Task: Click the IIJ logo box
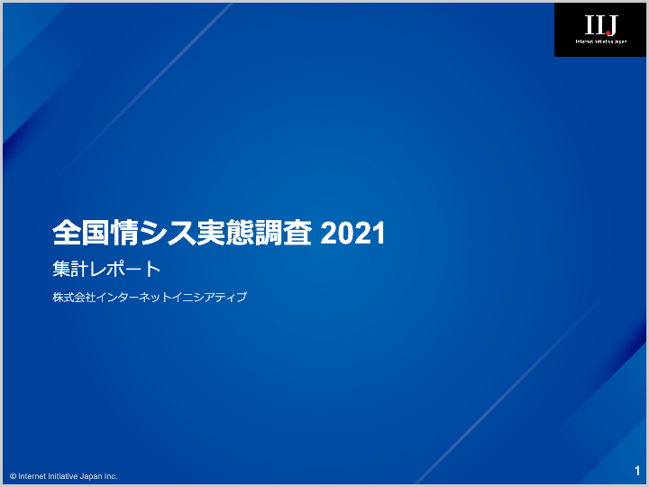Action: (600, 30)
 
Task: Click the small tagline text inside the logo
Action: (600, 42)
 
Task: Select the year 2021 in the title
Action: (353, 234)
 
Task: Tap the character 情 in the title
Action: (120, 234)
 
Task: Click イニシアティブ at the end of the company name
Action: (209, 297)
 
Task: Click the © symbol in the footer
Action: (14, 476)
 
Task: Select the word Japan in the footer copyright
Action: (89, 476)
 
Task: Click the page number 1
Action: (637, 471)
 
